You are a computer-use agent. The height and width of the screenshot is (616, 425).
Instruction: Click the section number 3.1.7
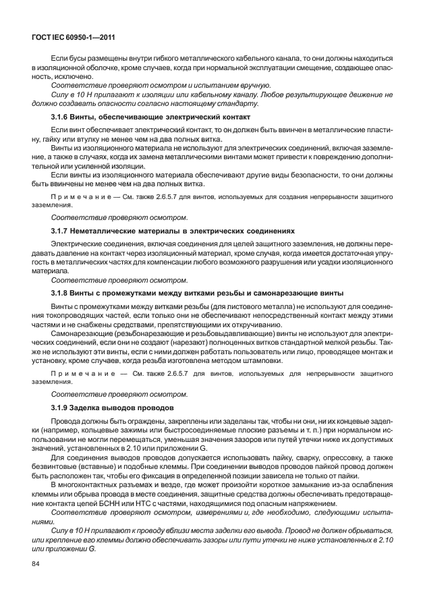[61, 231]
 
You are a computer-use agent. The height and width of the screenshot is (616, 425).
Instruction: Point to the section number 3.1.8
[61, 293]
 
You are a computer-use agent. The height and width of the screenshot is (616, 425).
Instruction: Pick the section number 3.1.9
[61, 408]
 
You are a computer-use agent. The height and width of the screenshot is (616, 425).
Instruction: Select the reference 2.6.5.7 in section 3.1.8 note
[171, 373]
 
